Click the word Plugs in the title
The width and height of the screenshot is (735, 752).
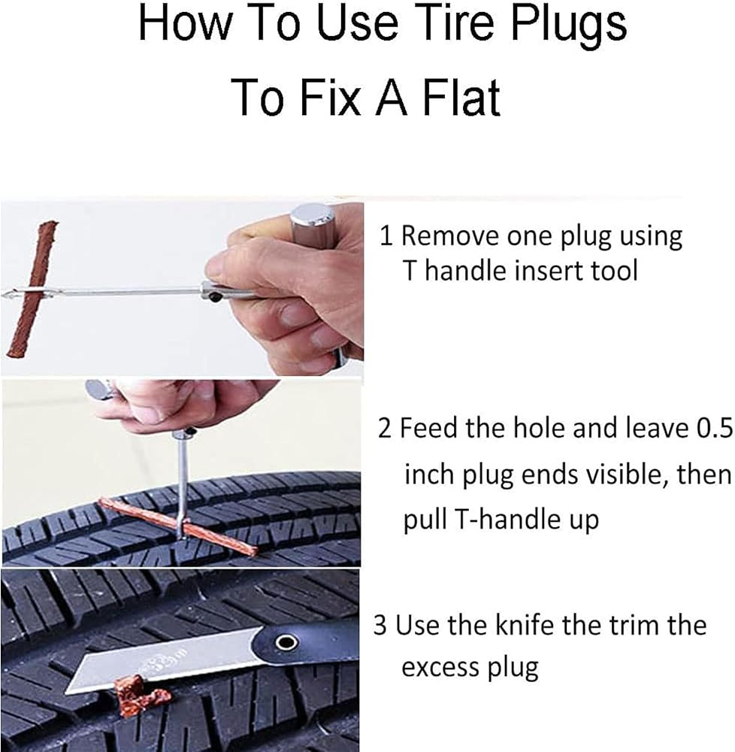[569, 26]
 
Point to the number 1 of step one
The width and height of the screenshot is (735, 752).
[386, 236]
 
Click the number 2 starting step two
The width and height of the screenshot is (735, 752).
[384, 428]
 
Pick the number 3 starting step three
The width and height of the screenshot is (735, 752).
[380, 626]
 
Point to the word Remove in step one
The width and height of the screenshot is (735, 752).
[450, 236]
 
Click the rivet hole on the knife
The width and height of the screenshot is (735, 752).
[286, 641]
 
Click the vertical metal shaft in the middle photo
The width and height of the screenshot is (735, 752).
[182, 485]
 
